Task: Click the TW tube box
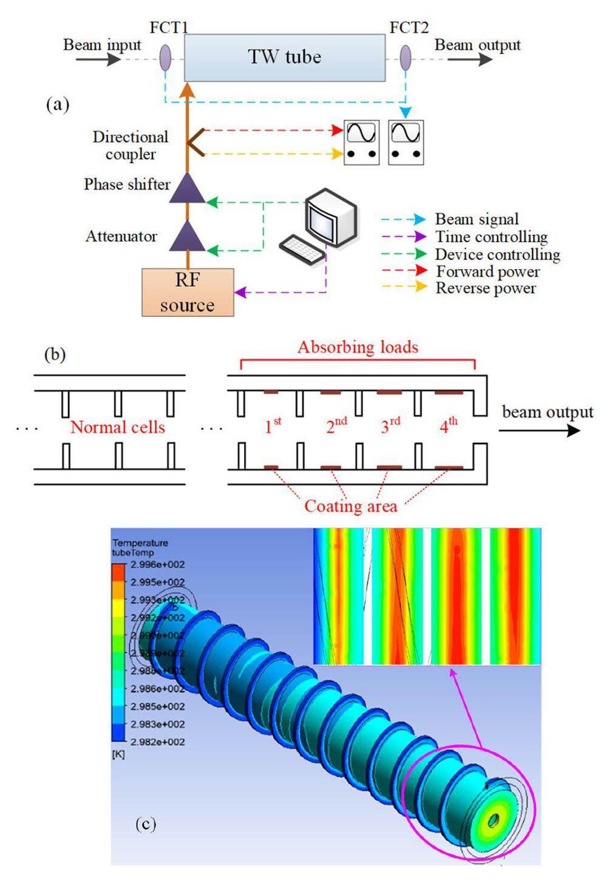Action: pos(284,58)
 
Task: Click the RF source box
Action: pos(188,292)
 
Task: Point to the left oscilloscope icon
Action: pos(361,142)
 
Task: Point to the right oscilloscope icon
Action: pos(406,142)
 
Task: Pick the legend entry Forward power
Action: pos(488,271)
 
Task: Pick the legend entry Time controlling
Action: pos(491,237)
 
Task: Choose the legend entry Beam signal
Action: pos(477,219)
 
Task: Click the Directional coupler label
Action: pos(130,145)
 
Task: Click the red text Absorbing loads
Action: pos(358,347)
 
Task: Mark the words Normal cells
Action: pos(118,427)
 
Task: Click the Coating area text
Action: pos(350,506)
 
